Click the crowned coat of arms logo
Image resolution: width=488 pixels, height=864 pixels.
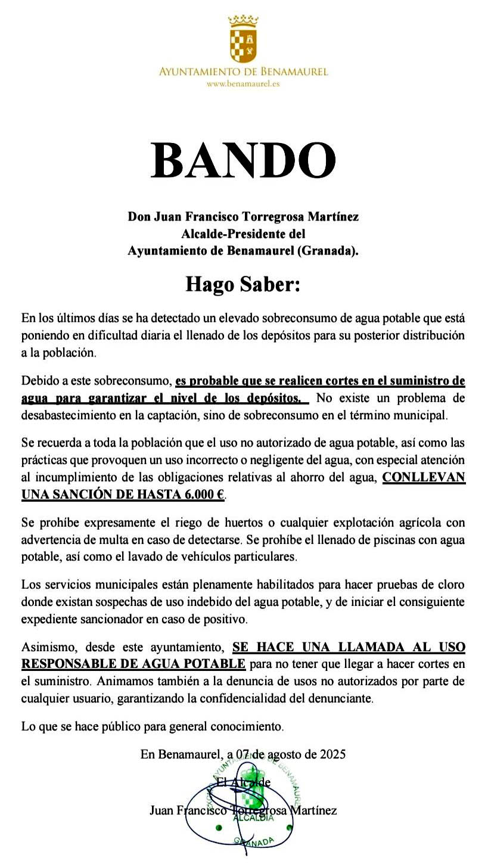click(243, 40)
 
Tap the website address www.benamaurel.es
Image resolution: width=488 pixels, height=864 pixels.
click(243, 84)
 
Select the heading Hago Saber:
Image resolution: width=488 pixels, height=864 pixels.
click(243, 284)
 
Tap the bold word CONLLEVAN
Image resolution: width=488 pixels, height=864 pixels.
click(424, 478)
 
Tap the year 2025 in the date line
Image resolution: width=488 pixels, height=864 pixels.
click(332, 754)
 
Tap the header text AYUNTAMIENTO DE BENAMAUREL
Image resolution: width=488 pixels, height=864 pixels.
click(243, 72)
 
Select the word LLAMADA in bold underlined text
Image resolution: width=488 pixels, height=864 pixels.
click(359, 647)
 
